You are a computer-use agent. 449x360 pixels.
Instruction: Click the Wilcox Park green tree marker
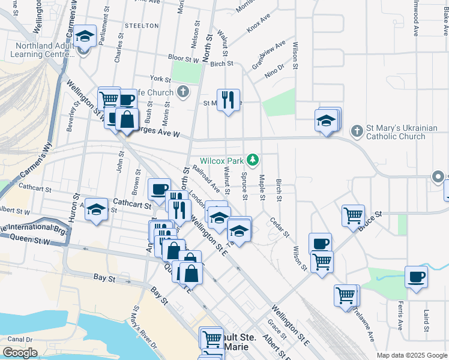[253, 160]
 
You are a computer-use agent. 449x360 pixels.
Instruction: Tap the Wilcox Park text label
[222, 161]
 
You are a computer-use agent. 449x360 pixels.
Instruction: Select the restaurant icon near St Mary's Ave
[228, 100]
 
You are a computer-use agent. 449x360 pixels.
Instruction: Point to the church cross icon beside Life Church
[183, 92]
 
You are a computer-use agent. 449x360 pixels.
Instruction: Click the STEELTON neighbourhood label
[142, 26]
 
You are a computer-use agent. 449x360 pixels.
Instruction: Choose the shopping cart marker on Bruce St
[354, 215]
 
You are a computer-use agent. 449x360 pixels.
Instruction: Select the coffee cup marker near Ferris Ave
[416, 277]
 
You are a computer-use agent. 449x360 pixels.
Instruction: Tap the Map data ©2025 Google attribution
[412, 355]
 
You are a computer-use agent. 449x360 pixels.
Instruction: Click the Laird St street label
[426, 321]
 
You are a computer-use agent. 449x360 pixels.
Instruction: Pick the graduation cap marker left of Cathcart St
[95, 210]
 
